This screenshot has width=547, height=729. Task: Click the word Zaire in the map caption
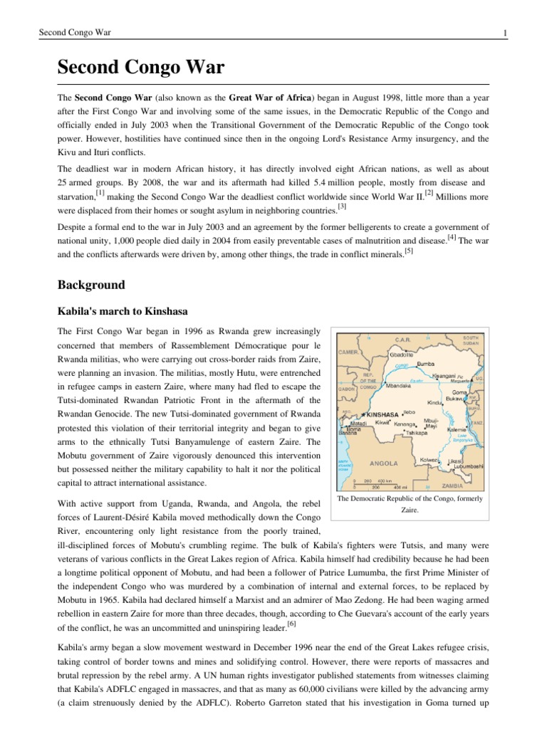point(409,510)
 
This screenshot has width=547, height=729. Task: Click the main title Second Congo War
point(141,68)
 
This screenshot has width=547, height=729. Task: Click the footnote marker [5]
point(408,251)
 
